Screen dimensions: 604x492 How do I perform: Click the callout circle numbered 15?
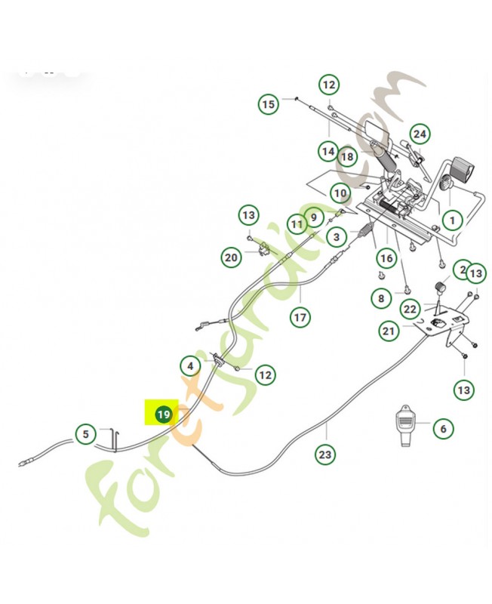269,103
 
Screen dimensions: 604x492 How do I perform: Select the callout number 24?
420,134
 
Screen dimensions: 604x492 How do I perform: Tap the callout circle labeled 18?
347,157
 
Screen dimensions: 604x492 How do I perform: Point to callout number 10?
340,193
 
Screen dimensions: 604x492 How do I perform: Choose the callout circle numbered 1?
451,220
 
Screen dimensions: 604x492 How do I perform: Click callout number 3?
337,236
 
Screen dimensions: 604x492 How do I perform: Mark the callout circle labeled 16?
386,259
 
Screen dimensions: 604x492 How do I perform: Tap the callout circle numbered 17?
300,317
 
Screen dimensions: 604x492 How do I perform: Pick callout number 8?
382,298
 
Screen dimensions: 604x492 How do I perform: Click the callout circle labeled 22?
410,309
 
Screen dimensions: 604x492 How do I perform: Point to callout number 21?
389,330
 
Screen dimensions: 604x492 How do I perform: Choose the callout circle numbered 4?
191,367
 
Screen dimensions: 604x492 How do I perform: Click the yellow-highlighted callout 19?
163,414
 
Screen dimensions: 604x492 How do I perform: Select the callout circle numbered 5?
86,434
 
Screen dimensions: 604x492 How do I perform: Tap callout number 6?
443,428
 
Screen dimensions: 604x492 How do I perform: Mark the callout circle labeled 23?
325,455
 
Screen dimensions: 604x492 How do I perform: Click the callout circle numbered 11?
297,224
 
